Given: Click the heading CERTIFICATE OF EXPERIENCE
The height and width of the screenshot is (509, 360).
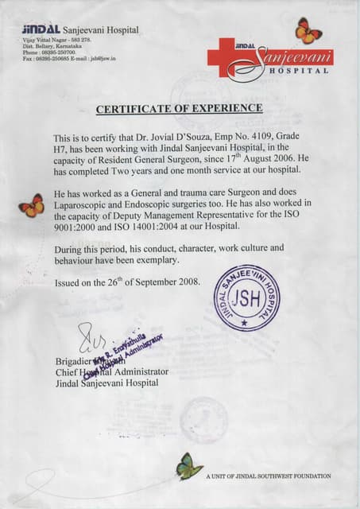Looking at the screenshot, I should click(179, 107).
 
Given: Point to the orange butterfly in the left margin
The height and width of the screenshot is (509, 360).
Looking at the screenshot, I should click(32, 205).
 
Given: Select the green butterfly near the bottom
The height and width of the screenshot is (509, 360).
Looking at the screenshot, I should click(189, 466).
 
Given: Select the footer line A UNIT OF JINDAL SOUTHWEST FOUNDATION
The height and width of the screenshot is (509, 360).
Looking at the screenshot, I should click(268, 476).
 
